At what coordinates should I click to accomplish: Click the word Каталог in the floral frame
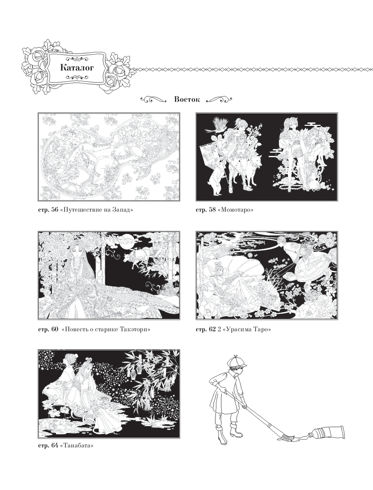[77, 68]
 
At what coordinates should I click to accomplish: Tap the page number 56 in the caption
[54, 210]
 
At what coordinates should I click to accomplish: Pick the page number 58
[212, 210]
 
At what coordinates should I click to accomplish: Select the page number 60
[54, 329]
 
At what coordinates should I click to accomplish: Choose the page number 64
[54, 445]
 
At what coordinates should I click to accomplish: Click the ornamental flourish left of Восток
[154, 99]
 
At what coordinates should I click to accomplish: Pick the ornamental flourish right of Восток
[219, 99]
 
